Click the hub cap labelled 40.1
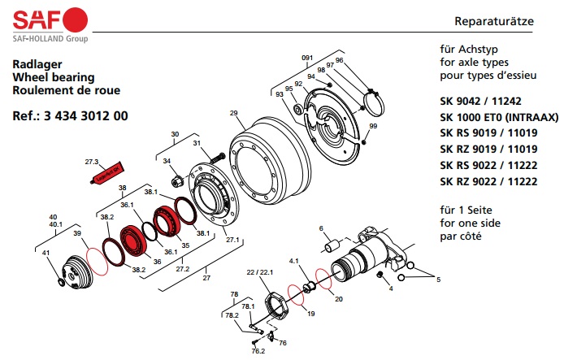76,273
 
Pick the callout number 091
307,58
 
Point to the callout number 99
373,127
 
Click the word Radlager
36,63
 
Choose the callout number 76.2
258,350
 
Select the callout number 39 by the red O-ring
77,233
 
